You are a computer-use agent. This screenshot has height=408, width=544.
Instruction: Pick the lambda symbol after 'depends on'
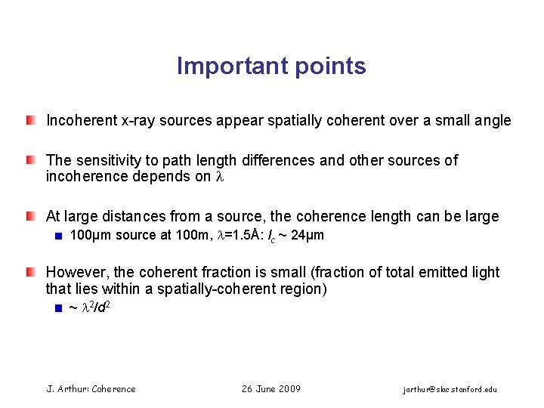[x=221, y=177]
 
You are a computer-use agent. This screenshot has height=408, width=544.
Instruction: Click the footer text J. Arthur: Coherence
[x=91, y=389]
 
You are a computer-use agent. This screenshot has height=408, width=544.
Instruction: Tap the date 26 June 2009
[x=271, y=389]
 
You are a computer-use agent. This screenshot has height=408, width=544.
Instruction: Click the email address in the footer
[x=450, y=389]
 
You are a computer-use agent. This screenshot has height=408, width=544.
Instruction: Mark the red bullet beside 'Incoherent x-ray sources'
[x=29, y=120]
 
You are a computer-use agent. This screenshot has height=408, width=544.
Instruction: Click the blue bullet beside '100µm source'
[x=57, y=236]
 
